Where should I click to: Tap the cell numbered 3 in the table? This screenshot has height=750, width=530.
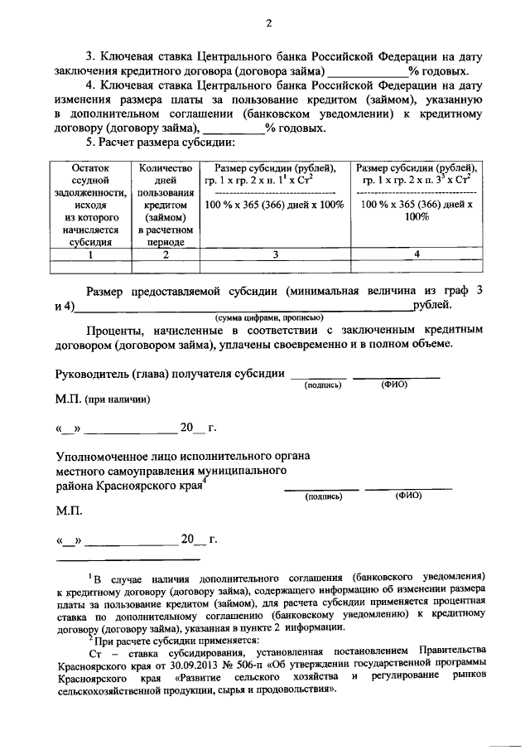273,254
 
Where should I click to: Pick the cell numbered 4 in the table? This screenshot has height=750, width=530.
417,254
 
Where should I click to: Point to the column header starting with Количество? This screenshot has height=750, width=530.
166,205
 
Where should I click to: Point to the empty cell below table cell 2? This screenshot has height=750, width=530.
166,266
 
